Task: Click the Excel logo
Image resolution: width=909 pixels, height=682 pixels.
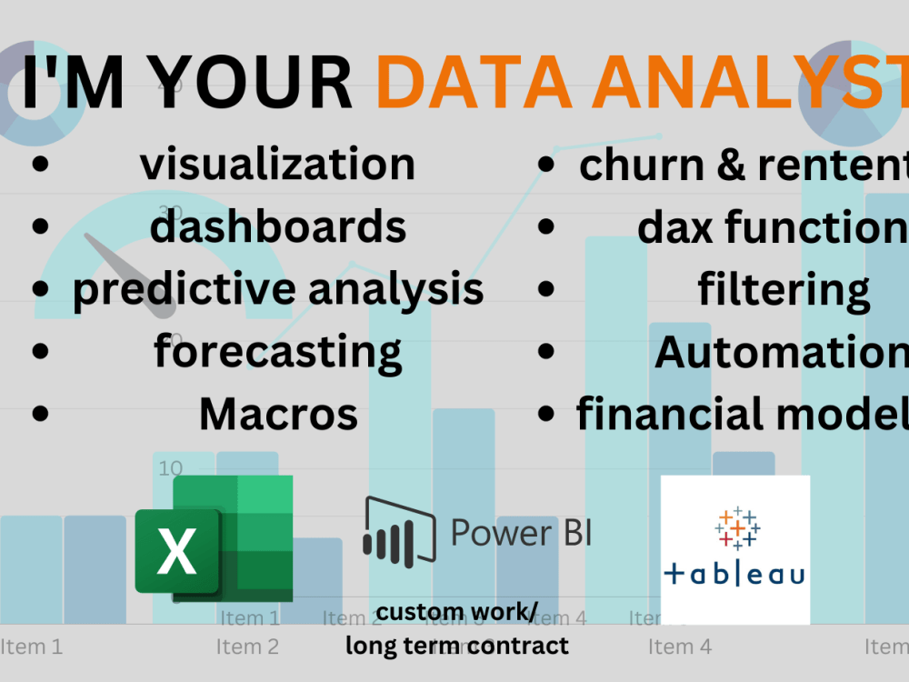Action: coord(215,538)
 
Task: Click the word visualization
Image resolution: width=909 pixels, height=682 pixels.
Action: coord(277,164)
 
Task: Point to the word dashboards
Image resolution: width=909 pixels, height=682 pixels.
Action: coord(277,226)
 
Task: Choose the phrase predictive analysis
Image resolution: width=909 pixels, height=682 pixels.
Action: coord(277,288)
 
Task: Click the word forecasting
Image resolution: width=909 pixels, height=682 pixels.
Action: coord(277,351)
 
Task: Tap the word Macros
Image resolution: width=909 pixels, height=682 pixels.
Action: coord(277,414)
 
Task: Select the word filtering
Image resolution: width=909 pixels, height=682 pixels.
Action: coord(784,289)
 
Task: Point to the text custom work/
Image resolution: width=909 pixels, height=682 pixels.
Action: coord(457,612)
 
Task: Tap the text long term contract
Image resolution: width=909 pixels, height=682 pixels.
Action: coord(457,646)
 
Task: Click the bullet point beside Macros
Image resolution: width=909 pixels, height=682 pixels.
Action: coord(39,414)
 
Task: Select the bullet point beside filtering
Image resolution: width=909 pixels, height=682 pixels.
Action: coord(545,289)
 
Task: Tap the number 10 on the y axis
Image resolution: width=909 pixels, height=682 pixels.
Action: coord(171,468)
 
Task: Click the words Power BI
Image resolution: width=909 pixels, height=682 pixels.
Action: coord(521,532)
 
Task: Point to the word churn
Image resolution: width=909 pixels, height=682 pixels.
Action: coord(627,165)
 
